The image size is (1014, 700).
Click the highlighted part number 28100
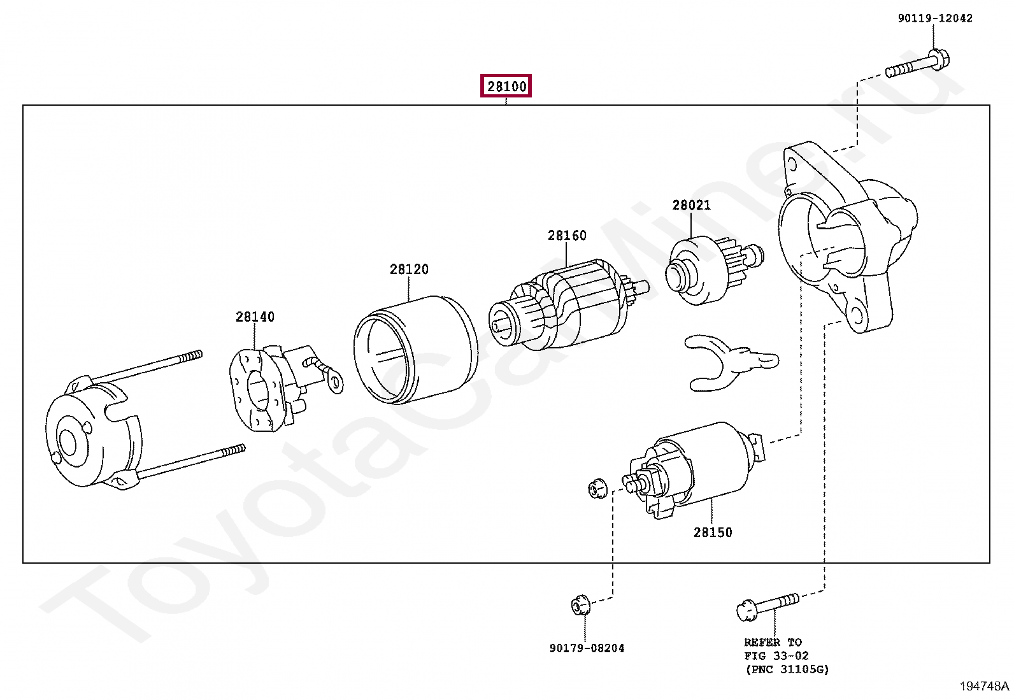506,86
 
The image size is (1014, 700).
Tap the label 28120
409,269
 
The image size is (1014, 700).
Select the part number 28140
255,317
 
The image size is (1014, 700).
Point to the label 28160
567,236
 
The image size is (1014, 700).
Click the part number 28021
691,205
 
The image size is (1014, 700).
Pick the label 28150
713,532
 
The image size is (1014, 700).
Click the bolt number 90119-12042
935,18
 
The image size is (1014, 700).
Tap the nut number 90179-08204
587,648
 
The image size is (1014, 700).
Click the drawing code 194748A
984,686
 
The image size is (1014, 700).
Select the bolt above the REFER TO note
767,606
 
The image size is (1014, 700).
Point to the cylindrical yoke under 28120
415,350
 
